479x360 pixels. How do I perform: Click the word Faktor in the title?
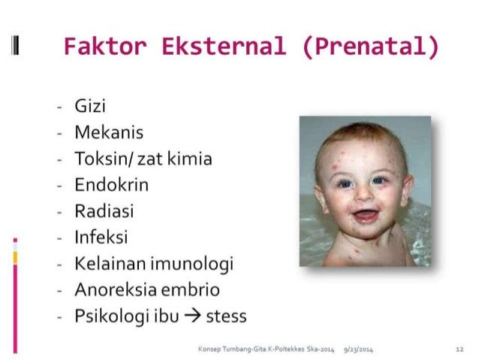coord(105,47)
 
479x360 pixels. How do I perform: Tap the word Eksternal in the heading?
coord(224,47)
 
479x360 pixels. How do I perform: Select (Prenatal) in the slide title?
coord(371,47)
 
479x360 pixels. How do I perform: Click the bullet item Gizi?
coord(90,106)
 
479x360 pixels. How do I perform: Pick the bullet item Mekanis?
coord(109,132)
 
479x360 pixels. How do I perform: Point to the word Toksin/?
coord(104,159)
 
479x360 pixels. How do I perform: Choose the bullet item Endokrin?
coord(112,185)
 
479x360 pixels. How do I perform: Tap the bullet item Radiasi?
coord(104,211)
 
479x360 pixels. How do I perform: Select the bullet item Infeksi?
coord(101,237)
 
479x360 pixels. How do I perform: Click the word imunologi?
coord(192,265)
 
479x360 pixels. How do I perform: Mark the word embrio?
coord(190,289)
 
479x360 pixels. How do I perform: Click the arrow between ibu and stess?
coord(193,316)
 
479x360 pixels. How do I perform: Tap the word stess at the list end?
coord(227,316)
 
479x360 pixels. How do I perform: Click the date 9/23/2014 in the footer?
coord(358,349)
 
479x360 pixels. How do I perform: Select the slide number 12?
coord(459,349)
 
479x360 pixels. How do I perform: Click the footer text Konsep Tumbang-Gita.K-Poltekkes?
coord(252,349)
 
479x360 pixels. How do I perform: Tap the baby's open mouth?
coord(366,216)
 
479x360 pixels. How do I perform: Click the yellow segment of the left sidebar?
coord(15,258)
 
